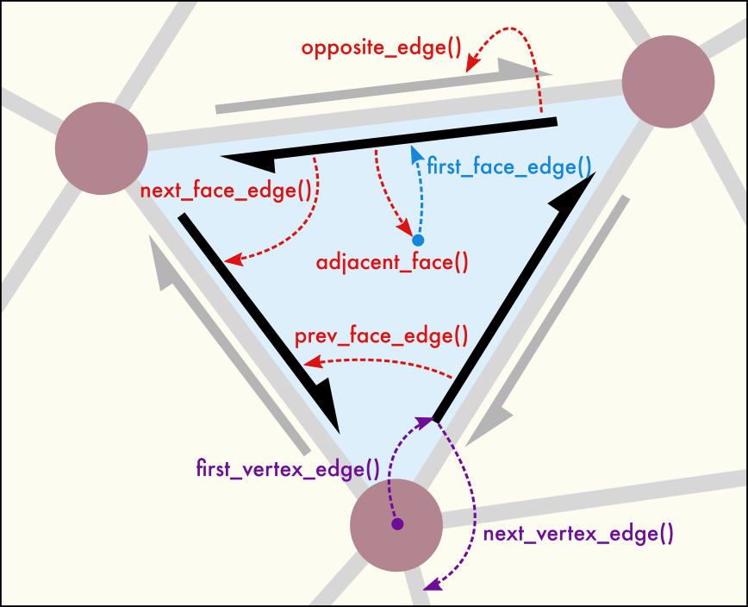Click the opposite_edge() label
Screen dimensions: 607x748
tap(381, 47)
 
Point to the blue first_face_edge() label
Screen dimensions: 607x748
tap(509, 167)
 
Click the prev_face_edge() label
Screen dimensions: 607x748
tap(381, 335)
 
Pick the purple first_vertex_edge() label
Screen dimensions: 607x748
tap(288, 469)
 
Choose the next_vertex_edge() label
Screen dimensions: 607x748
tap(578, 533)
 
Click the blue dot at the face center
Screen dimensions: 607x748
tap(418, 239)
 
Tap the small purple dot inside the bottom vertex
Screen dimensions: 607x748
tap(397, 523)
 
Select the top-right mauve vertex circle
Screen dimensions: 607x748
tap(668, 82)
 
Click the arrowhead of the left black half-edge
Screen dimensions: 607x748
tap(326, 410)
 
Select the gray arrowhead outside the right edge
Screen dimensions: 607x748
tap(488, 422)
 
